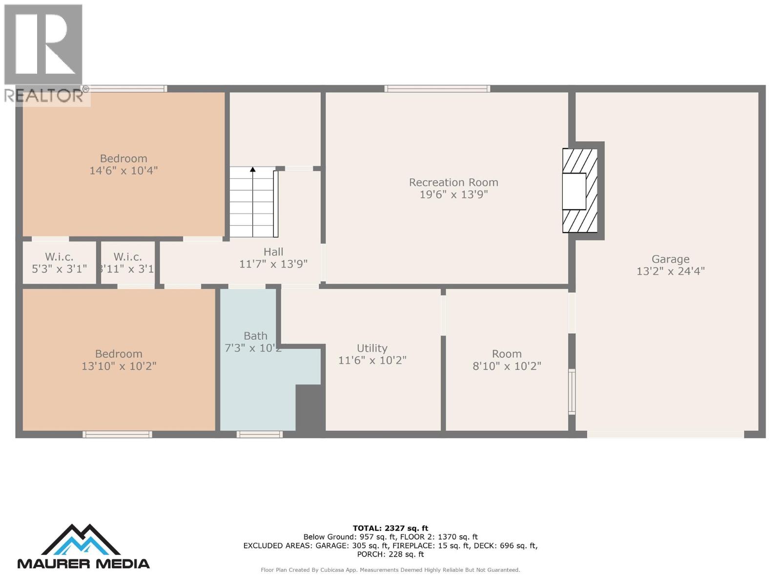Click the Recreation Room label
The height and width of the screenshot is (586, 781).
[453, 182]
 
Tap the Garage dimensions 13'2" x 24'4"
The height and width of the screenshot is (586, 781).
[670, 271]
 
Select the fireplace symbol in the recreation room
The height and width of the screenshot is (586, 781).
[580, 191]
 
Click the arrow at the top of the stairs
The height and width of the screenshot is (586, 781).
[252, 169]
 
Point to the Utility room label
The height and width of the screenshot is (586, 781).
[372, 348]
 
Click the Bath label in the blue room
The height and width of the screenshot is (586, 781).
[255, 336]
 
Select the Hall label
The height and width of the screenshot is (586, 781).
[273, 252]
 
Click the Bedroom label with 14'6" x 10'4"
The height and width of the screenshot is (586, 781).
[123, 159]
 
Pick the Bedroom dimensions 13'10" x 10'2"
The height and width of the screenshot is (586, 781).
[119, 366]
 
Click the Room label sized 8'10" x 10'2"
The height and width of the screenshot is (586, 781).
[507, 354]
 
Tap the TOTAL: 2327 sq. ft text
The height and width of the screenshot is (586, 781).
[390, 528]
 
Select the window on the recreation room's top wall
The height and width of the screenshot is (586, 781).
[437, 88]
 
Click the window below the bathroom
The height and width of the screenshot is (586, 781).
[259, 434]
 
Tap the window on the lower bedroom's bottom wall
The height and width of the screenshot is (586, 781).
[117, 434]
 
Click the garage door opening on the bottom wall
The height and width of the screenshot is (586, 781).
[665, 434]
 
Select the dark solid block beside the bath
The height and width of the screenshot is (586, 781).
[310, 407]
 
